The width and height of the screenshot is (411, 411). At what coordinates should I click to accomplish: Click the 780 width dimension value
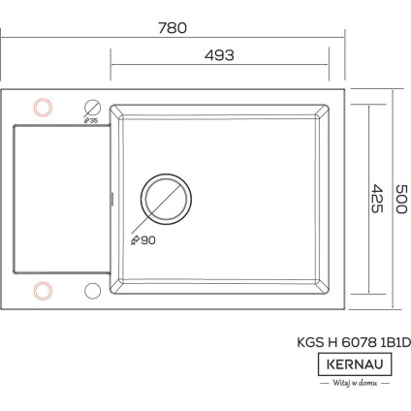point(172,28)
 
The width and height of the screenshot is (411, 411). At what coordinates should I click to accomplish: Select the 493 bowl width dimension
point(220,56)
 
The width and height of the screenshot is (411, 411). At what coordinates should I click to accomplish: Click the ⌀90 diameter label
point(142,240)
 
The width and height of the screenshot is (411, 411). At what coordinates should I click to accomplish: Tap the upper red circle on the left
point(43,106)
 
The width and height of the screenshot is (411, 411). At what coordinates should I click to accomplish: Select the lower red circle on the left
point(43,289)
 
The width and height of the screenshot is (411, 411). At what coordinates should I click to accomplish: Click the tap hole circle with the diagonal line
point(94,107)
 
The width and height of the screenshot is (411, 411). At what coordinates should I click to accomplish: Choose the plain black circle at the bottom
point(93,289)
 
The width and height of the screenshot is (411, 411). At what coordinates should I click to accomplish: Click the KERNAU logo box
point(355,364)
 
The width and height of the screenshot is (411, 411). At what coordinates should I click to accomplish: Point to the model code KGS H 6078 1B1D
point(353,341)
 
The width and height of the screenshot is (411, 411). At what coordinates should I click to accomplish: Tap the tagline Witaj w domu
point(355,384)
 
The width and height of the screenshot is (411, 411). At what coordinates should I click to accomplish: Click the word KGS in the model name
point(309,341)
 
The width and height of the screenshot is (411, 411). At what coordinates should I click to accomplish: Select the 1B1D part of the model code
point(395,341)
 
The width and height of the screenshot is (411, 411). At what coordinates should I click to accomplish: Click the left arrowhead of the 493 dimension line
point(113,67)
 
